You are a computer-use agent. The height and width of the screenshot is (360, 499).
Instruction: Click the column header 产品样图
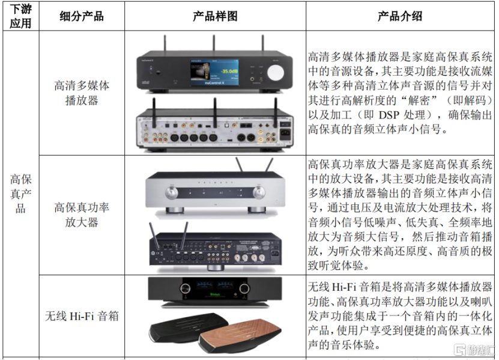215,16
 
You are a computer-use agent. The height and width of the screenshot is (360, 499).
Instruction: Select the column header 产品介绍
400,16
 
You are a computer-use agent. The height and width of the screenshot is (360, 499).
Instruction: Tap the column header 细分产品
82,16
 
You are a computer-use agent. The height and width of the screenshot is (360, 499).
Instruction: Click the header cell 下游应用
20,16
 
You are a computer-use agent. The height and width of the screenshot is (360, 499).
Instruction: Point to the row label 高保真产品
20,194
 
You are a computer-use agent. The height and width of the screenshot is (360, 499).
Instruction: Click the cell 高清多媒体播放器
82,93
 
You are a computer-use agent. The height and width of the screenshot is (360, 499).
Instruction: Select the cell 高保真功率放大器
82,215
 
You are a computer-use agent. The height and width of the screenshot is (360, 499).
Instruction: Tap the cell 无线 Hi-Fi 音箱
82,316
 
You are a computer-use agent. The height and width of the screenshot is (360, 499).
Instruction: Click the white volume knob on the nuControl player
275,73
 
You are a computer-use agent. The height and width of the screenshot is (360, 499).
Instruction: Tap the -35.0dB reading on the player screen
229,71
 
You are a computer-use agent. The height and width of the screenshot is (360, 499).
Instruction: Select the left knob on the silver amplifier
172,192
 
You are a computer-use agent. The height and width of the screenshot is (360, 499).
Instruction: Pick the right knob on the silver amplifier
259,192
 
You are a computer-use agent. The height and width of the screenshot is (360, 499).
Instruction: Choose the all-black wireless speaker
184,328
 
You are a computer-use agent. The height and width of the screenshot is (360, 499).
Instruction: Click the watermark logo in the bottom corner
475,350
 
